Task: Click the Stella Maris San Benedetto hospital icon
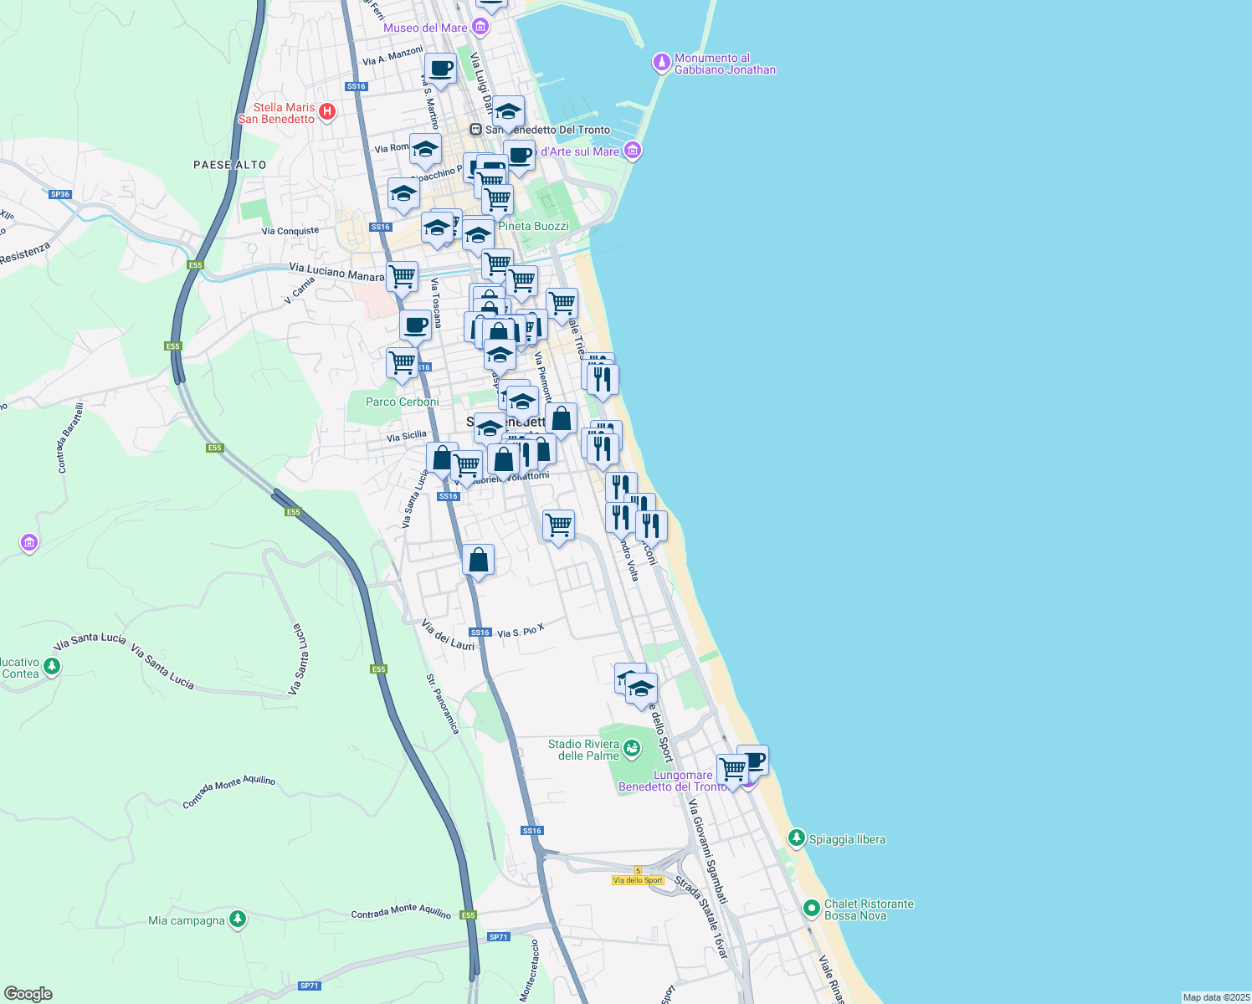click(327, 111)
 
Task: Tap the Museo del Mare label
click(425, 28)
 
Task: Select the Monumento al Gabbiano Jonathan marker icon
click(662, 63)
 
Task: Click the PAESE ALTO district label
click(229, 165)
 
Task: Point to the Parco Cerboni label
click(403, 402)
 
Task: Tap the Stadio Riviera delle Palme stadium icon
click(631, 746)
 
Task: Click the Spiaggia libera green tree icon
click(797, 838)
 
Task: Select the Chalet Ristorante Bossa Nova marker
click(811, 908)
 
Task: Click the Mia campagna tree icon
click(238, 919)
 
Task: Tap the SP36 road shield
click(60, 194)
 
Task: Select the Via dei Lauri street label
click(448, 635)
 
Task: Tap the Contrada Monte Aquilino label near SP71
click(401, 914)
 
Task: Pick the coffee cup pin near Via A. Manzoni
click(440, 69)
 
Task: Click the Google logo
click(28, 994)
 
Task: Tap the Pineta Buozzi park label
click(533, 226)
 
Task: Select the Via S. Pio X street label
click(521, 631)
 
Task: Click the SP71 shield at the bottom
click(310, 986)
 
